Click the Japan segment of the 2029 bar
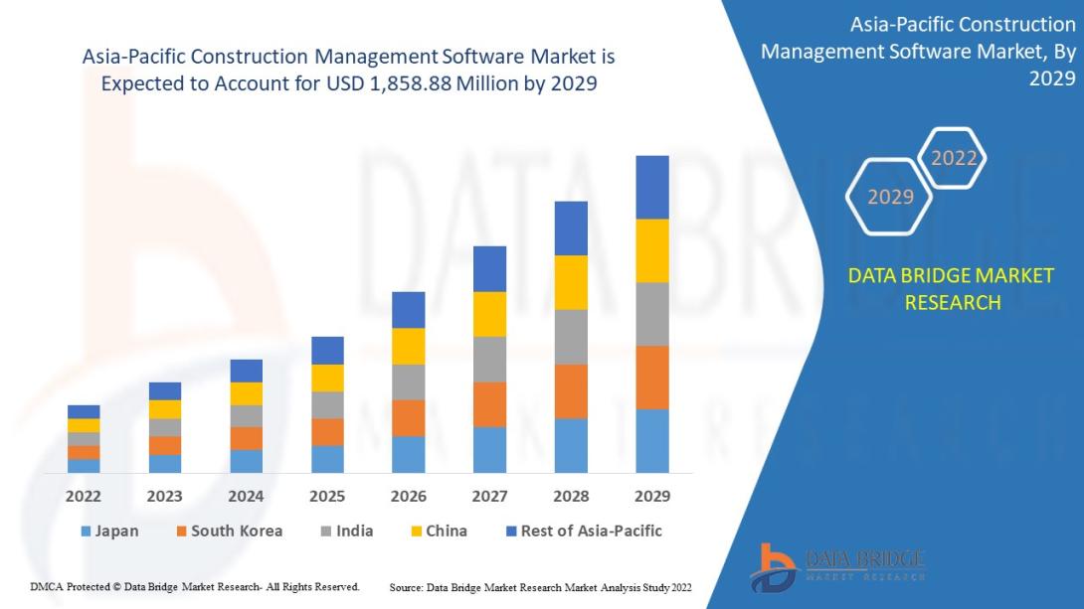[x=652, y=440]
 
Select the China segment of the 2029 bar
[x=652, y=250]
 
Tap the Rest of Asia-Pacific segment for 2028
[x=571, y=228]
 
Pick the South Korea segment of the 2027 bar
[x=489, y=404]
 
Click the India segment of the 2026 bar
[x=408, y=381]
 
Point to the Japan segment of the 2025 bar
[x=327, y=458]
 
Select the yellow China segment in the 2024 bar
[x=246, y=393]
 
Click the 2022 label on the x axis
[x=84, y=496]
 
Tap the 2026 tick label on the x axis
[x=408, y=496]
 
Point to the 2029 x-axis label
[x=652, y=496]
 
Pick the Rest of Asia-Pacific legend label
[x=591, y=531]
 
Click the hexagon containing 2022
[x=953, y=158]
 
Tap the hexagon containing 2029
[x=889, y=197]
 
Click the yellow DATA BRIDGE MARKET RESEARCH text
[x=951, y=288]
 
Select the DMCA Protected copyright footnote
[x=195, y=587]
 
